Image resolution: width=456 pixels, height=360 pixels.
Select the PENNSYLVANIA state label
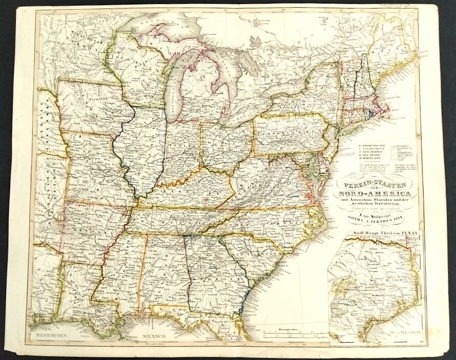pos(290,134)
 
